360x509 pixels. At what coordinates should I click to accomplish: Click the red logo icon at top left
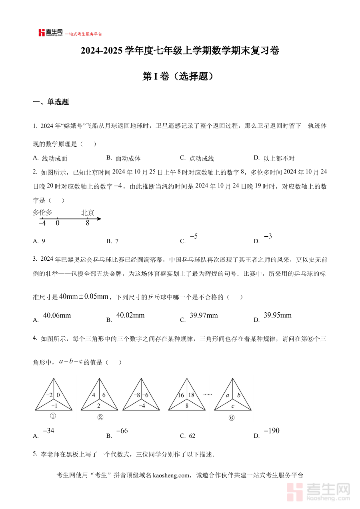tap(42, 33)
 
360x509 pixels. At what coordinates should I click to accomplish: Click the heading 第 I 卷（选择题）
tap(180, 76)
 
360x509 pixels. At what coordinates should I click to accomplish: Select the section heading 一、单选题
tap(51, 102)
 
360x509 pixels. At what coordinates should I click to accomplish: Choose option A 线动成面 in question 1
tap(55, 158)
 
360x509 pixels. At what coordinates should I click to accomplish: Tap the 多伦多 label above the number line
tap(42, 212)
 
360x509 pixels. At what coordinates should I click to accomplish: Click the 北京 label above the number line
tap(88, 213)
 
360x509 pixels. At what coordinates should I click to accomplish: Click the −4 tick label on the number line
tap(42, 223)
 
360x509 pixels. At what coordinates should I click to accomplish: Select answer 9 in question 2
tap(43, 241)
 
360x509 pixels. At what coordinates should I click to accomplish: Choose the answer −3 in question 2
tap(268, 237)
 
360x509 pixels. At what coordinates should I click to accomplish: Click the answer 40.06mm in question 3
tap(57, 315)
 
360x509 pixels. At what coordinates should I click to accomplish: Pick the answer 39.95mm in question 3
tap(278, 315)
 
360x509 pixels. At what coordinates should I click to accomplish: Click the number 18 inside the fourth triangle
tap(191, 395)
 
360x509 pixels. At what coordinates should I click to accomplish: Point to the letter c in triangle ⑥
tap(233, 406)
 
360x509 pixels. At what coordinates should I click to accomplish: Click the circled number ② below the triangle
tap(100, 417)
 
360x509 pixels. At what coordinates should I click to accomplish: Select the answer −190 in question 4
tap(272, 431)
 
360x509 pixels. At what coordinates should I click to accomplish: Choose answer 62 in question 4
tap(192, 436)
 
